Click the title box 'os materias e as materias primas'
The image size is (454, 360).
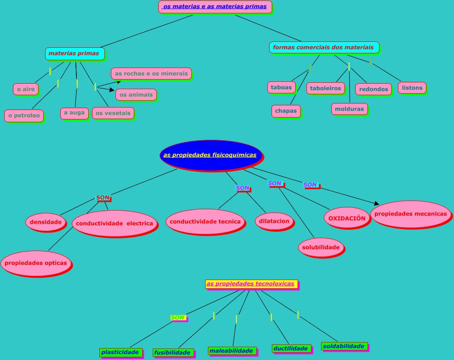[x=215, y=7]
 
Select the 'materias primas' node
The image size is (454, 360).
[x=74, y=53]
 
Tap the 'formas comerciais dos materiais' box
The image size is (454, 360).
[x=323, y=47]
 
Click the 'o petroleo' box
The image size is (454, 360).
[x=24, y=115]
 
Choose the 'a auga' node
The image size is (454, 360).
[x=74, y=113]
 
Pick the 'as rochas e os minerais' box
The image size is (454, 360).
[x=151, y=74]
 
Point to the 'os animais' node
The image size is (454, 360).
[x=136, y=95]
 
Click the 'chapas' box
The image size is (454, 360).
[x=286, y=111]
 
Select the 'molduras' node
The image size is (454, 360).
[x=349, y=109]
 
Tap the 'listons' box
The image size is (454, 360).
[x=412, y=87]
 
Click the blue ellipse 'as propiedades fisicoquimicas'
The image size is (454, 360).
[x=211, y=155]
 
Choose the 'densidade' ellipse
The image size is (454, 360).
[x=46, y=222]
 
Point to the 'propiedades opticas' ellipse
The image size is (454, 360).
[x=36, y=263]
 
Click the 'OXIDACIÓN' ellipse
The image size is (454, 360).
[x=347, y=218]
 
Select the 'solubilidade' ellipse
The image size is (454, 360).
[x=321, y=247]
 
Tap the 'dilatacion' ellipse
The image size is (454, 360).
[x=274, y=221]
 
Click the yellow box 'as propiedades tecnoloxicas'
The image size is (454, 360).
[x=251, y=284]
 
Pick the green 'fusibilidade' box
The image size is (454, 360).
[x=172, y=353]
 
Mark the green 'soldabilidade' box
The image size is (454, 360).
[x=344, y=346]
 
